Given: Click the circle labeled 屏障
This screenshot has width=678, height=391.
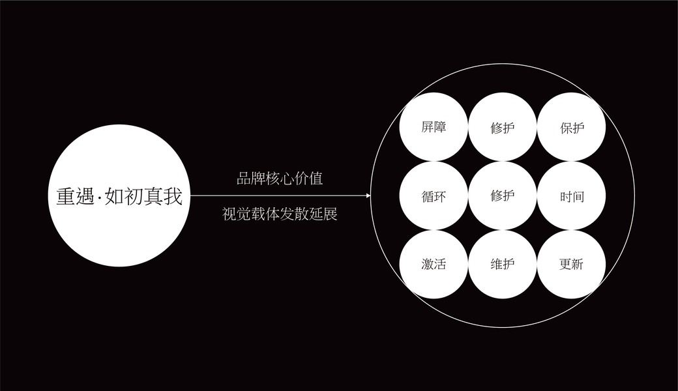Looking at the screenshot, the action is click(x=434, y=127).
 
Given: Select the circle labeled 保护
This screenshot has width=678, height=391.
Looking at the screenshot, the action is click(x=572, y=128).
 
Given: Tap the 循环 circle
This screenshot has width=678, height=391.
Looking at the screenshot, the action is click(x=434, y=196).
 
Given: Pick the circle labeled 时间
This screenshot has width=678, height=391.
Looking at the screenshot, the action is click(x=572, y=196).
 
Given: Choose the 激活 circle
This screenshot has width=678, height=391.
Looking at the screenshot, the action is click(x=434, y=265).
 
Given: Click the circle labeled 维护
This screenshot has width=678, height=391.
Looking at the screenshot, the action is click(x=503, y=265).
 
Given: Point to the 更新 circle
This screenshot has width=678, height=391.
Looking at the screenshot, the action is click(x=572, y=265).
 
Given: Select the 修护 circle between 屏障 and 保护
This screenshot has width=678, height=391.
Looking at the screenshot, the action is click(x=503, y=128).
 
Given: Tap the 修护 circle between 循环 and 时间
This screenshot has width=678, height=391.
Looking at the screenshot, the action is click(x=503, y=195).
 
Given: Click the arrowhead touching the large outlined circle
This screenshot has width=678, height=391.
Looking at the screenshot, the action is click(x=368, y=195).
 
